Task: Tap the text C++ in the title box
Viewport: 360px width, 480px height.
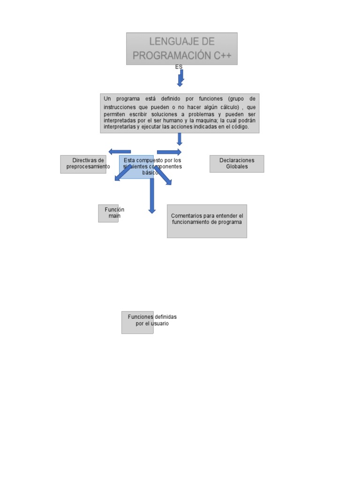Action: click(x=222, y=55)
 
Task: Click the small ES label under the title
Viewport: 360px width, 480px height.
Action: click(x=179, y=67)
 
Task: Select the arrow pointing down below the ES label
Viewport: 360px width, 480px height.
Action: click(x=180, y=78)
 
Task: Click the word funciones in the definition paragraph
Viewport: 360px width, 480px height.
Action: click(x=211, y=99)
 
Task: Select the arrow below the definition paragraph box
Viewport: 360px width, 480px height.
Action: click(x=179, y=139)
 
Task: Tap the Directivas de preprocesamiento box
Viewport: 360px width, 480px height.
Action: click(x=83, y=164)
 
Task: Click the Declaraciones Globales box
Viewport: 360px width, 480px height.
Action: click(x=237, y=164)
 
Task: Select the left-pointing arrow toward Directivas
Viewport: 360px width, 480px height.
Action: click(x=119, y=151)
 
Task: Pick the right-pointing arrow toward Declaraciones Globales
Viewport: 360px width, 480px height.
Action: click(x=169, y=152)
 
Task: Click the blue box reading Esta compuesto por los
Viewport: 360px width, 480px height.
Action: click(x=136, y=166)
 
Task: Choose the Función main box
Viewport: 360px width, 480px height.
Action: click(x=108, y=213)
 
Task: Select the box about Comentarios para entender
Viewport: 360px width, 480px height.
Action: click(x=207, y=221)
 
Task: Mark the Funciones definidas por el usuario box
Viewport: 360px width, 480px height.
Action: click(x=137, y=322)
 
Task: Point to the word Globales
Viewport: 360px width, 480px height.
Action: click(x=237, y=167)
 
